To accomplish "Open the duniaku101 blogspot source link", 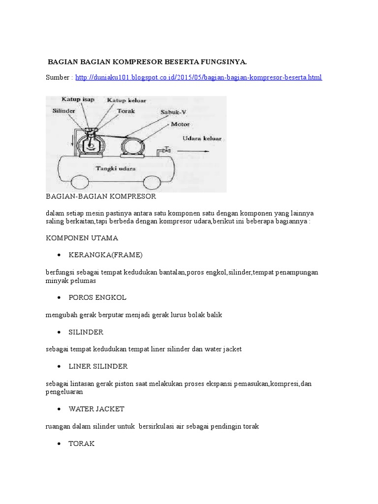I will (199, 78).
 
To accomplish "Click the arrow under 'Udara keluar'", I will (197, 148).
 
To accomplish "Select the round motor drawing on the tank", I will (131, 146).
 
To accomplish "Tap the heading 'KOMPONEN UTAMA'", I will (82, 238).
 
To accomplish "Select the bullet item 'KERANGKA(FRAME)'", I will (105, 255).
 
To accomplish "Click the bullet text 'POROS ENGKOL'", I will (97, 298).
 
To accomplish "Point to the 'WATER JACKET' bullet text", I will (96, 409).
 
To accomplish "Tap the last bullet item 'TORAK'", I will (82, 443).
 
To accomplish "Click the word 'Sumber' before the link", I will (57, 78).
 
